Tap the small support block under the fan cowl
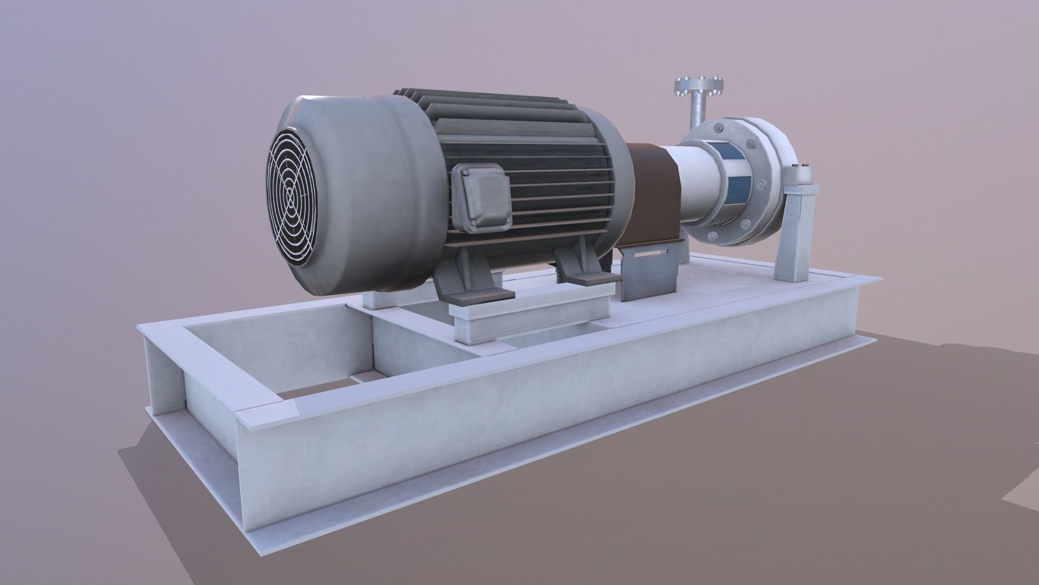[x=379, y=301]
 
